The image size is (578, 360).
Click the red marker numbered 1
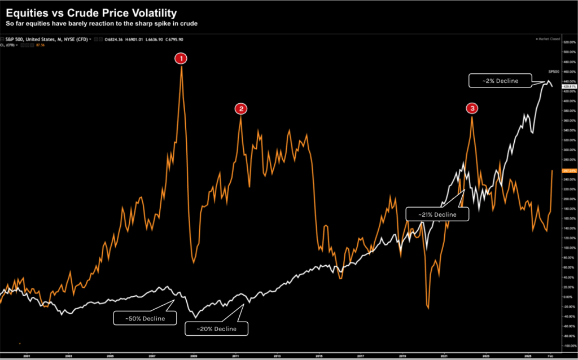click(x=181, y=58)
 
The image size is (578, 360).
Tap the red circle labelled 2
click(x=241, y=109)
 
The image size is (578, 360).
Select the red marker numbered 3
click(x=471, y=108)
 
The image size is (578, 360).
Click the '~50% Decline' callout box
click(x=146, y=318)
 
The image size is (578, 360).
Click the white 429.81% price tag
click(x=557, y=86)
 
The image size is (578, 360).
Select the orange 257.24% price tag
click(x=557, y=170)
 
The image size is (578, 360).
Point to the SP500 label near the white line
click(x=554, y=72)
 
